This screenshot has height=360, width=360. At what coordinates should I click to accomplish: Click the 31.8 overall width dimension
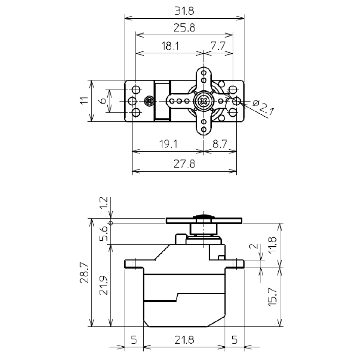click(x=184, y=11)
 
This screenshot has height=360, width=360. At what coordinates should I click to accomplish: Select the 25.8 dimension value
click(x=184, y=28)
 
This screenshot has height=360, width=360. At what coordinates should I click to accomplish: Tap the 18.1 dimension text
click(x=170, y=46)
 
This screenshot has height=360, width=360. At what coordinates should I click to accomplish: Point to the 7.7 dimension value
click(x=218, y=46)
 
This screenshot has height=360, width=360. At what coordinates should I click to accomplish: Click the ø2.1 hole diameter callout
click(x=263, y=107)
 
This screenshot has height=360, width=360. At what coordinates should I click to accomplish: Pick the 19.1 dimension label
click(x=168, y=144)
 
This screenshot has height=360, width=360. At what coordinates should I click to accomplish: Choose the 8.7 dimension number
click(x=220, y=144)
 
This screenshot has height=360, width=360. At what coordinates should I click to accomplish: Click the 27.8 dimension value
click(x=184, y=164)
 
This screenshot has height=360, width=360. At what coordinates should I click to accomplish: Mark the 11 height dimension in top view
click(x=84, y=100)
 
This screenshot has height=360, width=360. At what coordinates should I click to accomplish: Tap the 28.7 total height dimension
click(x=84, y=273)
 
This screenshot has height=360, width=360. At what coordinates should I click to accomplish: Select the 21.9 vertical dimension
click(x=104, y=285)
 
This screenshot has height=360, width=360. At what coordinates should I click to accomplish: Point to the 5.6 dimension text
click(x=104, y=233)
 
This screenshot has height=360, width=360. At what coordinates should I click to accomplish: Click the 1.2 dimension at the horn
click(x=104, y=202)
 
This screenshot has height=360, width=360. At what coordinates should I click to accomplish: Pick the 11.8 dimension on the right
click(x=273, y=245)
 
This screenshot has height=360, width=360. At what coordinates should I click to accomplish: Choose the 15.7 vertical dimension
click(x=273, y=297)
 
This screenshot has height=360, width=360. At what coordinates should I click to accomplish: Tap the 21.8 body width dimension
click(x=184, y=340)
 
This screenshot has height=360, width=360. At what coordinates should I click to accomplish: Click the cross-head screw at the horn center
click(x=203, y=101)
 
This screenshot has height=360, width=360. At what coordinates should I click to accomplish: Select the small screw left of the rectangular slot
click(x=149, y=101)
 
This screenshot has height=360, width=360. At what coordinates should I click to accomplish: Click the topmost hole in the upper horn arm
click(x=204, y=73)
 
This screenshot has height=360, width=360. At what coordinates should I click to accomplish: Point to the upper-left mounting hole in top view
click(x=137, y=89)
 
